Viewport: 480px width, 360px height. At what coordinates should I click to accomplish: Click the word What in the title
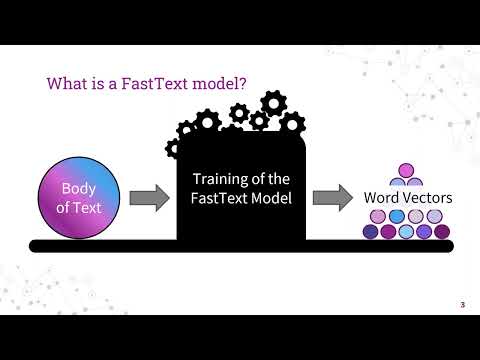click(67, 84)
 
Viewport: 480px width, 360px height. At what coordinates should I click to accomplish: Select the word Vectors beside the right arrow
click(429, 198)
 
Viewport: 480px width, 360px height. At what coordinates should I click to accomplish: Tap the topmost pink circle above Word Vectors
click(407, 171)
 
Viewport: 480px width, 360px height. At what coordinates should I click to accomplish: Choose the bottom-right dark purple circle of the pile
click(443, 232)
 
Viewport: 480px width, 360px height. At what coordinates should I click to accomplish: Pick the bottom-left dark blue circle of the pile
click(371, 232)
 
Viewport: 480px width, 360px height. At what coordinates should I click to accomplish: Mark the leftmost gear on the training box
click(177, 148)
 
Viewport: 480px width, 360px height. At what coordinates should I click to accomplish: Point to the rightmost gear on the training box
click(292, 124)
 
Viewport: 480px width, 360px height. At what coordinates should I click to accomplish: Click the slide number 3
click(462, 304)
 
